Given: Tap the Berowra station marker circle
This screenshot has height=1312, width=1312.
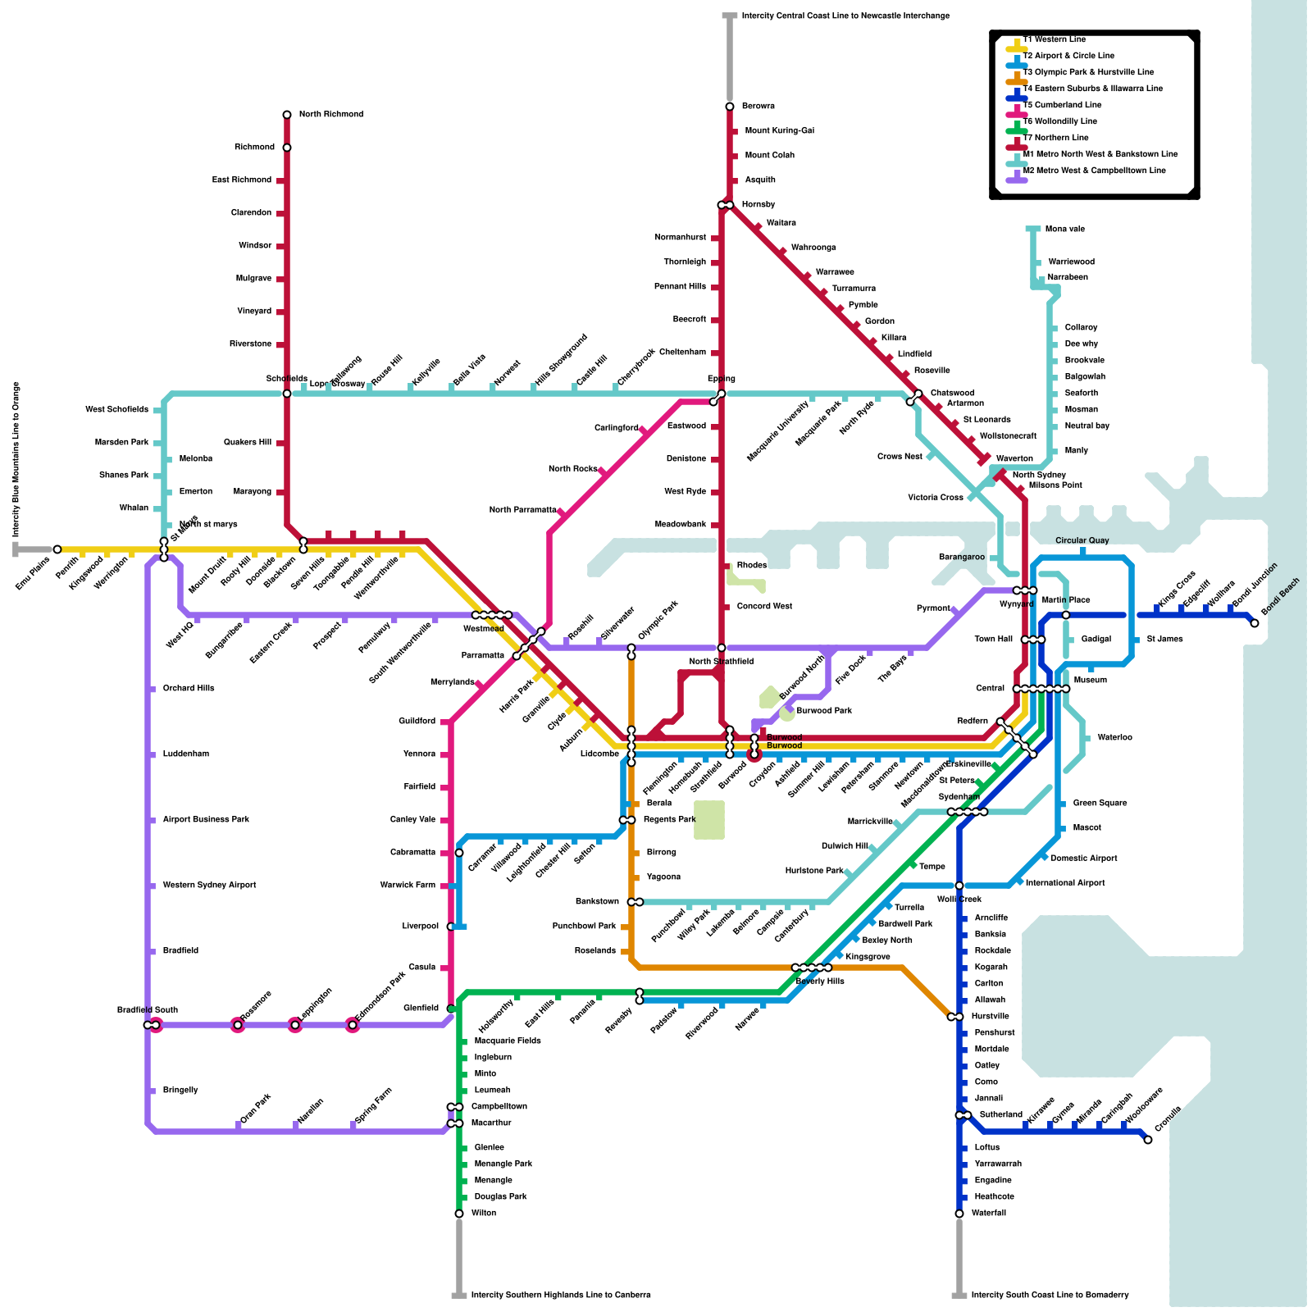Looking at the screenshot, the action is pos(730,107).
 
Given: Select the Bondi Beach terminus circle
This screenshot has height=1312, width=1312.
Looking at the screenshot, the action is pos(1255,623).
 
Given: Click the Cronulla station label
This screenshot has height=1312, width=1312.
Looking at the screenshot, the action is pos(1168,1119).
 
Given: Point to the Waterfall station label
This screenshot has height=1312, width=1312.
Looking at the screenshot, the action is pos(988,1214).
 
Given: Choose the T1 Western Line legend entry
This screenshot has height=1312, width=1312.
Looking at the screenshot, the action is pos(1054,40).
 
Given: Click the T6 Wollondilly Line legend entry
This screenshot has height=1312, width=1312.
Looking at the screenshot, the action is pos(1059,122).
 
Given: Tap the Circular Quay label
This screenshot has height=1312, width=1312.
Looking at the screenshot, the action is pos(1082,540).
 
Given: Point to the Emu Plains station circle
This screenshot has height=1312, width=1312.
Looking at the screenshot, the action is pos(57,549).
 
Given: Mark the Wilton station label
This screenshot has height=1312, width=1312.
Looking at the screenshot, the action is pos(484,1214).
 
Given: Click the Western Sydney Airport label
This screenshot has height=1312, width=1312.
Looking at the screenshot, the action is pos(209,886).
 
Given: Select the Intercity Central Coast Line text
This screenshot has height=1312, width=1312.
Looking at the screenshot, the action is pos(845,16).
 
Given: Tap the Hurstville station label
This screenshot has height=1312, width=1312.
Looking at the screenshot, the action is pos(990,1017).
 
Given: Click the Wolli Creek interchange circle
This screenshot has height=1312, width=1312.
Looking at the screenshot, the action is pos(959,886).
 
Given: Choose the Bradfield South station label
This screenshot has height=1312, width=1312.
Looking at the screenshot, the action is pos(148,1010).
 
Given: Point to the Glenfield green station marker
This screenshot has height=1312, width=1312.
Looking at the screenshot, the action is pos(451,1009).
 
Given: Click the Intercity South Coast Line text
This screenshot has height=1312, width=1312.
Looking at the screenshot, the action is pos(1050,1296).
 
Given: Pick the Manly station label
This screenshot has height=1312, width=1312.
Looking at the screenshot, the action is pos(1076,451).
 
